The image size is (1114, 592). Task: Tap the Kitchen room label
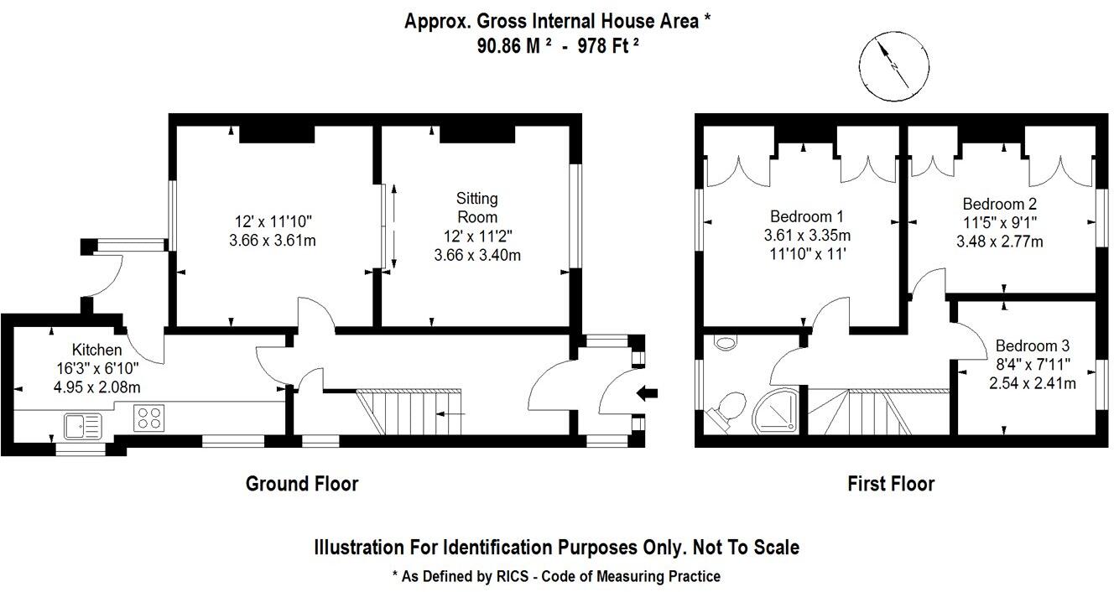(x=96, y=350)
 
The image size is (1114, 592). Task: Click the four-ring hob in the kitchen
(x=148, y=417)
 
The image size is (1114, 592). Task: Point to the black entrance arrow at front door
(x=648, y=392)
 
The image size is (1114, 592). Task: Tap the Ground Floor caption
(x=301, y=484)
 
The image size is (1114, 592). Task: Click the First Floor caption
(x=890, y=484)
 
